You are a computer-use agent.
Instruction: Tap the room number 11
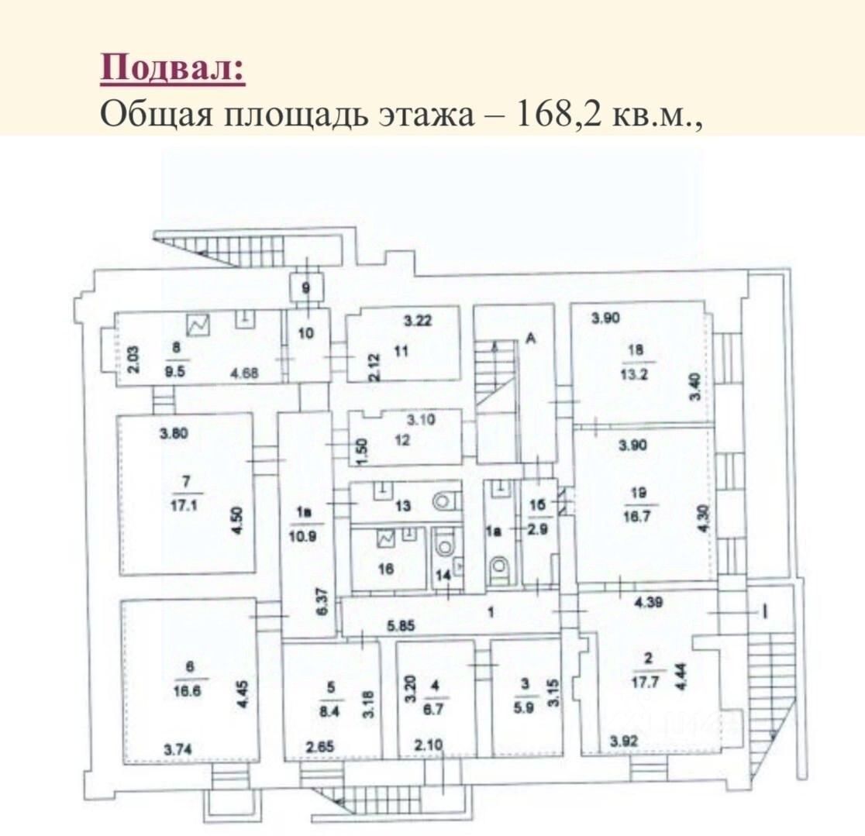pos(401,351)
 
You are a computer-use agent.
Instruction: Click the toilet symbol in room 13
pos(443,501)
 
